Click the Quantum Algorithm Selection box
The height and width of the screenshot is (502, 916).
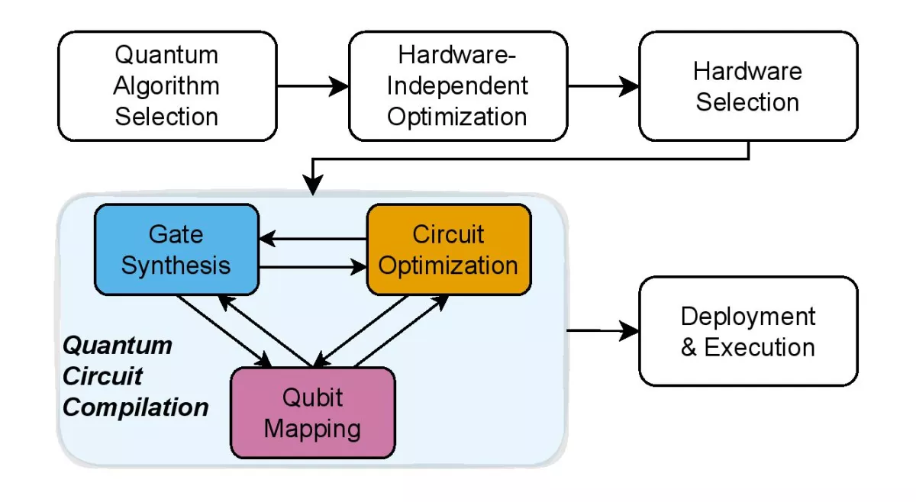coord(167,86)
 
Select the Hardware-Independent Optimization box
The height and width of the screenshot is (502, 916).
coord(458,86)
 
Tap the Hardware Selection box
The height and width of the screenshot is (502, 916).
coord(748,86)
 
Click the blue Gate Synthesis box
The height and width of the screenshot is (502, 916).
coord(176,249)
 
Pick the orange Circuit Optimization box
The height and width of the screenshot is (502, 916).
coord(449,249)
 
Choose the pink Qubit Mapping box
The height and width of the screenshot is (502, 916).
coord(313,413)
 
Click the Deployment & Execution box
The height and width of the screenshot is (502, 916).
coord(748,331)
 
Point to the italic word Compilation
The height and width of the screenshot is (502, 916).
coord(136,407)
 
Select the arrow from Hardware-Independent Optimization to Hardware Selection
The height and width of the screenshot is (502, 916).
coord(603,87)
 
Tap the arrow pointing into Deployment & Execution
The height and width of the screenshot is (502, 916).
coord(603,331)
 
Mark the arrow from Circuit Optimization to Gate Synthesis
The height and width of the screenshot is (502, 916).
coord(313,239)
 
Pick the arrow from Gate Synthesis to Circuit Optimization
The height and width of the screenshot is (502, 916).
coord(313,268)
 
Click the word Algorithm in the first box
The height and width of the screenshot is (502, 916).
coord(166,85)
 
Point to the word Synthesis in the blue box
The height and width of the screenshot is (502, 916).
coord(176,265)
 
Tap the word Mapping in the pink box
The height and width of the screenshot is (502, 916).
coord(313,428)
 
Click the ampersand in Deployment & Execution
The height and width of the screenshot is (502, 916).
coord(689,348)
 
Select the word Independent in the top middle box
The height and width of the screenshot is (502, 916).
coord(458,85)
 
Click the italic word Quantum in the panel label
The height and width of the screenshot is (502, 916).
coord(118,346)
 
